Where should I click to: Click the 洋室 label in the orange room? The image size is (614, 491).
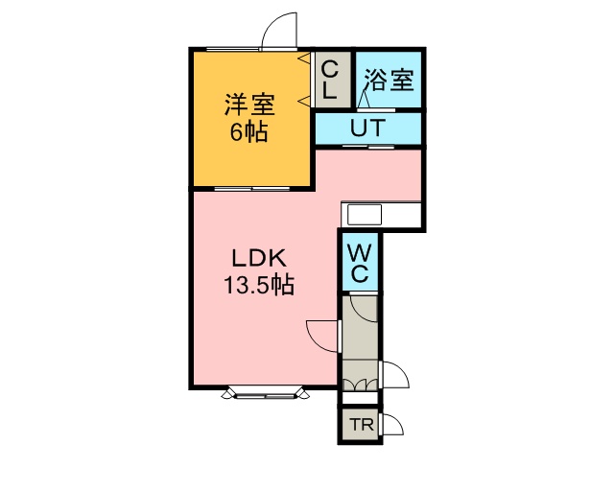[249, 105]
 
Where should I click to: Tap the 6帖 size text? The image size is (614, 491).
[248, 132]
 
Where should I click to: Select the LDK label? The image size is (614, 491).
[259, 258]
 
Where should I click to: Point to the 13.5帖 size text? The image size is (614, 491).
[259, 285]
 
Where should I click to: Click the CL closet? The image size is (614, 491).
[333, 80]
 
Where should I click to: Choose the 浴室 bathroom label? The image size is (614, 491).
[389, 81]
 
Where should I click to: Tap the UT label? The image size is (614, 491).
[367, 129]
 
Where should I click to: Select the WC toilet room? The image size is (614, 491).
[360, 262]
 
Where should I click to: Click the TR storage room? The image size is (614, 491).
[361, 425]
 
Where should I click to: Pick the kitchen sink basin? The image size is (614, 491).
[365, 215]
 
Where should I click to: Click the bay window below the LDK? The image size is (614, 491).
[266, 393]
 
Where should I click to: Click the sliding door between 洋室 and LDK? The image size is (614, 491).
[252, 189]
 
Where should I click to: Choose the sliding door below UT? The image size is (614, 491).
[368, 147]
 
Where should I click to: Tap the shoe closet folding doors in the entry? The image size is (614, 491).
[361, 385]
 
